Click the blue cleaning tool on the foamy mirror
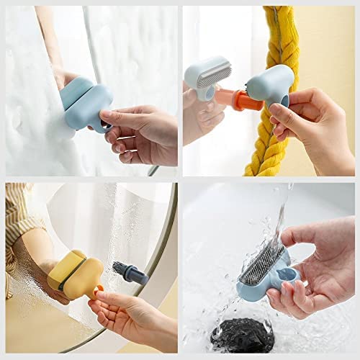(x=86, y=104)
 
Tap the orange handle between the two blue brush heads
(x=247, y=101)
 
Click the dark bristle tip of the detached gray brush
(x=118, y=268)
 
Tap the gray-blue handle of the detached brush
(x=136, y=276)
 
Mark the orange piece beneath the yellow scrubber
(x=98, y=292)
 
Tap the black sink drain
(x=241, y=335)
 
